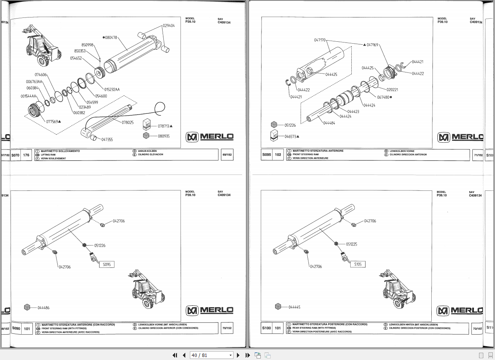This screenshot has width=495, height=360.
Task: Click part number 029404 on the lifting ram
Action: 169,26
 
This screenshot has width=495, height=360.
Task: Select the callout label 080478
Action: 111,38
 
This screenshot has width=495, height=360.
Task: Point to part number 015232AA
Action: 112,90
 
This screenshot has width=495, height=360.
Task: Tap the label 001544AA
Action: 28,96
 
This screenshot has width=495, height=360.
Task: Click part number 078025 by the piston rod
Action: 127,123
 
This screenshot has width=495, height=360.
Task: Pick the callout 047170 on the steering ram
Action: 320,40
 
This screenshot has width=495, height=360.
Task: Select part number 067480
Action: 383,97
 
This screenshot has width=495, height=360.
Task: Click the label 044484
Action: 329,123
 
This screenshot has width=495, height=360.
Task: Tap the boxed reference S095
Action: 107,264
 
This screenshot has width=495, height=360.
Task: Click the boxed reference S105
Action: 358,264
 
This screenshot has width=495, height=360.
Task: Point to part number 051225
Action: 351,244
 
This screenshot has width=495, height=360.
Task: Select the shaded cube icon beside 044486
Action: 27,307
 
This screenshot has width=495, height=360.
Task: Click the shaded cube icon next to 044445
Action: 278,307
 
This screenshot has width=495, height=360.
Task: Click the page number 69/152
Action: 227,155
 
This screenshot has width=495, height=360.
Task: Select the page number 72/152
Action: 478,328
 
